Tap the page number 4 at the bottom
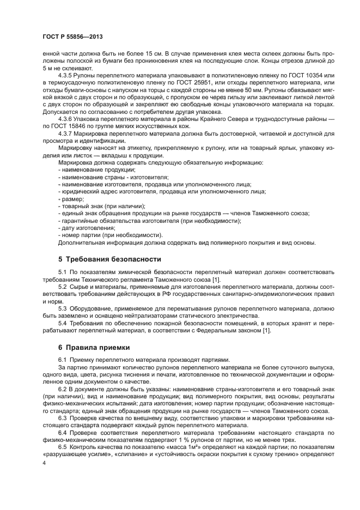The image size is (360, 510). click(x=44, y=462)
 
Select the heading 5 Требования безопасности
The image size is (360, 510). click(x=109, y=258)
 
